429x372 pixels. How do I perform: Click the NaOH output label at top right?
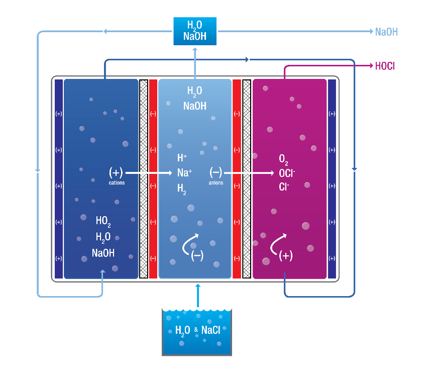click(x=386, y=32)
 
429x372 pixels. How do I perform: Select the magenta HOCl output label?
click(x=386, y=66)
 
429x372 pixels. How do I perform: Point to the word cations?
click(x=117, y=183)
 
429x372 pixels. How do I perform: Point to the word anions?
click(x=216, y=183)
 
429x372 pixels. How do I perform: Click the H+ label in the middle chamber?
click(x=182, y=158)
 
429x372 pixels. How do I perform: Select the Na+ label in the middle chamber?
click(x=184, y=173)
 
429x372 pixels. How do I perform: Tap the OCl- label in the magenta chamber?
click(x=287, y=173)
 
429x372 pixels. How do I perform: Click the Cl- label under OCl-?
click(x=284, y=187)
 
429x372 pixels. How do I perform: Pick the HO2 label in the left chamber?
click(x=103, y=220)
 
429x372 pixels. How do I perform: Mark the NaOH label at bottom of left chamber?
click(x=103, y=253)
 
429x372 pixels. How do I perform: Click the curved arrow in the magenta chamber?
click(x=278, y=243)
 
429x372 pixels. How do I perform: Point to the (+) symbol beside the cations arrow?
click(x=116, y=172)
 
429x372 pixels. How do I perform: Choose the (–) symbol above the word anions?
click(x=216, y=172)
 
